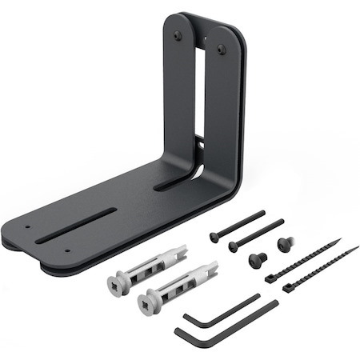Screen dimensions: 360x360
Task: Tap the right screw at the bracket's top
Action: (222, 50)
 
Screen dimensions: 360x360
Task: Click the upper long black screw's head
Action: (214, 237)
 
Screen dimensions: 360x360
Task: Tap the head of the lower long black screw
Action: (232, 248)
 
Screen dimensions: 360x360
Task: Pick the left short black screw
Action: (258, 259)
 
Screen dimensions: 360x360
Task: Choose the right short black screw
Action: (283, 243)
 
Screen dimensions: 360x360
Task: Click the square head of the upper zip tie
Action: (270, 278)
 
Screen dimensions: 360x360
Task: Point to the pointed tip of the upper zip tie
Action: (339, 239)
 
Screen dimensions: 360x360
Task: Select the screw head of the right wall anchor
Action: (145, 301)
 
